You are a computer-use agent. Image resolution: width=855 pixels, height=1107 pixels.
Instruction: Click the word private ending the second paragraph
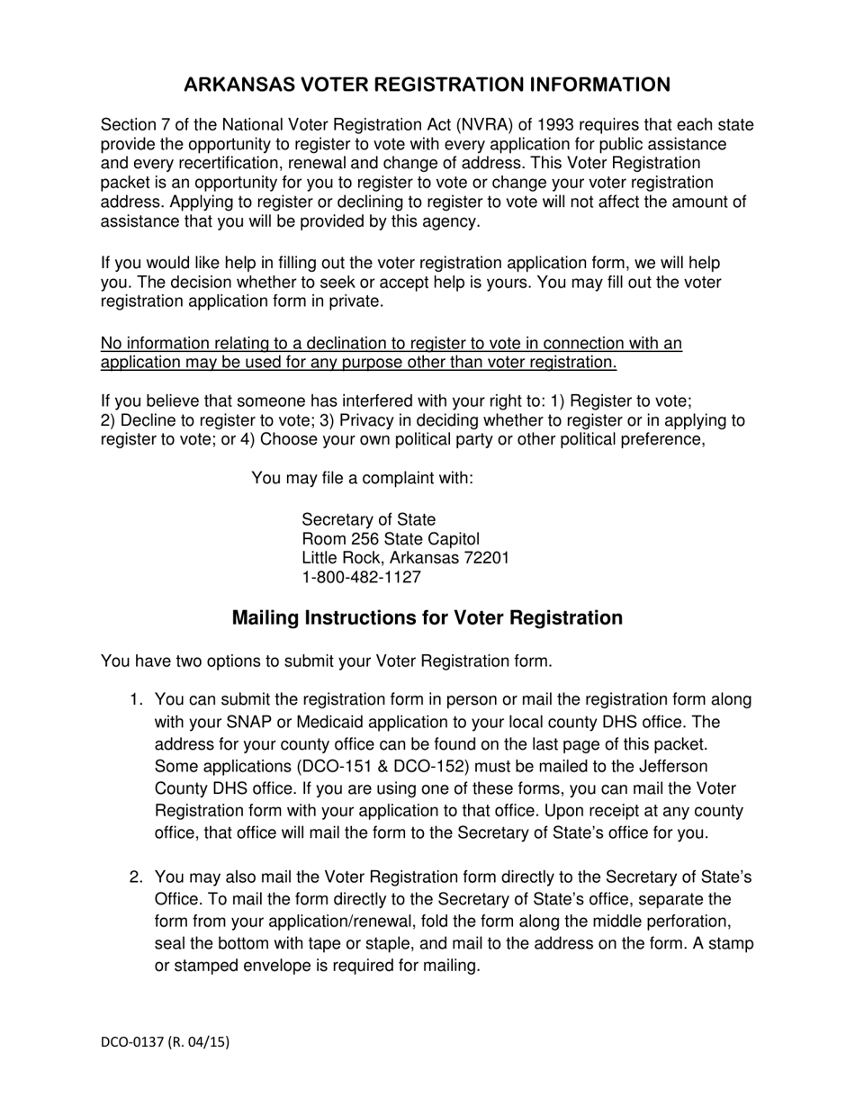point(357,301)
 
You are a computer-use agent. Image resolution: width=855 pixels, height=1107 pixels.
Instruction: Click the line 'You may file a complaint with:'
point(362,478)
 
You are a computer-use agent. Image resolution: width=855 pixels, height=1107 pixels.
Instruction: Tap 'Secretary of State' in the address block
point(368,519)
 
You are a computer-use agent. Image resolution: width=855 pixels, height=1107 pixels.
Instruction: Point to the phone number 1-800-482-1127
point(361,578)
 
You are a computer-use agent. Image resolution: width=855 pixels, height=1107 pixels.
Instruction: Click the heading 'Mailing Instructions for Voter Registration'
point(427,618)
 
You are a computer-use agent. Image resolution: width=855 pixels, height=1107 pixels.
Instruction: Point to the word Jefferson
point(671,766)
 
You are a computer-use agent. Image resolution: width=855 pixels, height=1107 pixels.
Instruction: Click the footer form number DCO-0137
point(131,1042)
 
